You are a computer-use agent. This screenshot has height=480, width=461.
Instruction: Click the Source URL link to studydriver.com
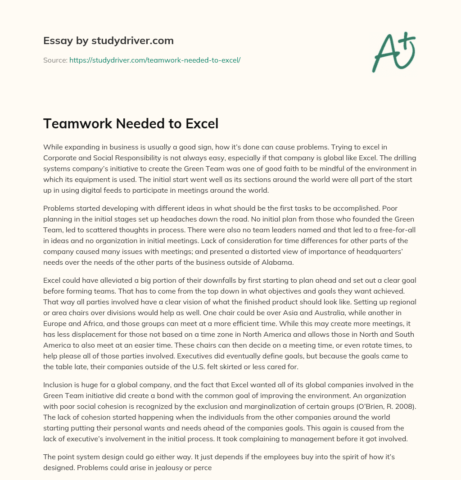click(x=155, y=60)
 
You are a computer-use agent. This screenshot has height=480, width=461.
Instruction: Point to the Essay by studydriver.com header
click(x=108, y=41)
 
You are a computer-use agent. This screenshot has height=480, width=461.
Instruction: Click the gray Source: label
click(x=55, y=60)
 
